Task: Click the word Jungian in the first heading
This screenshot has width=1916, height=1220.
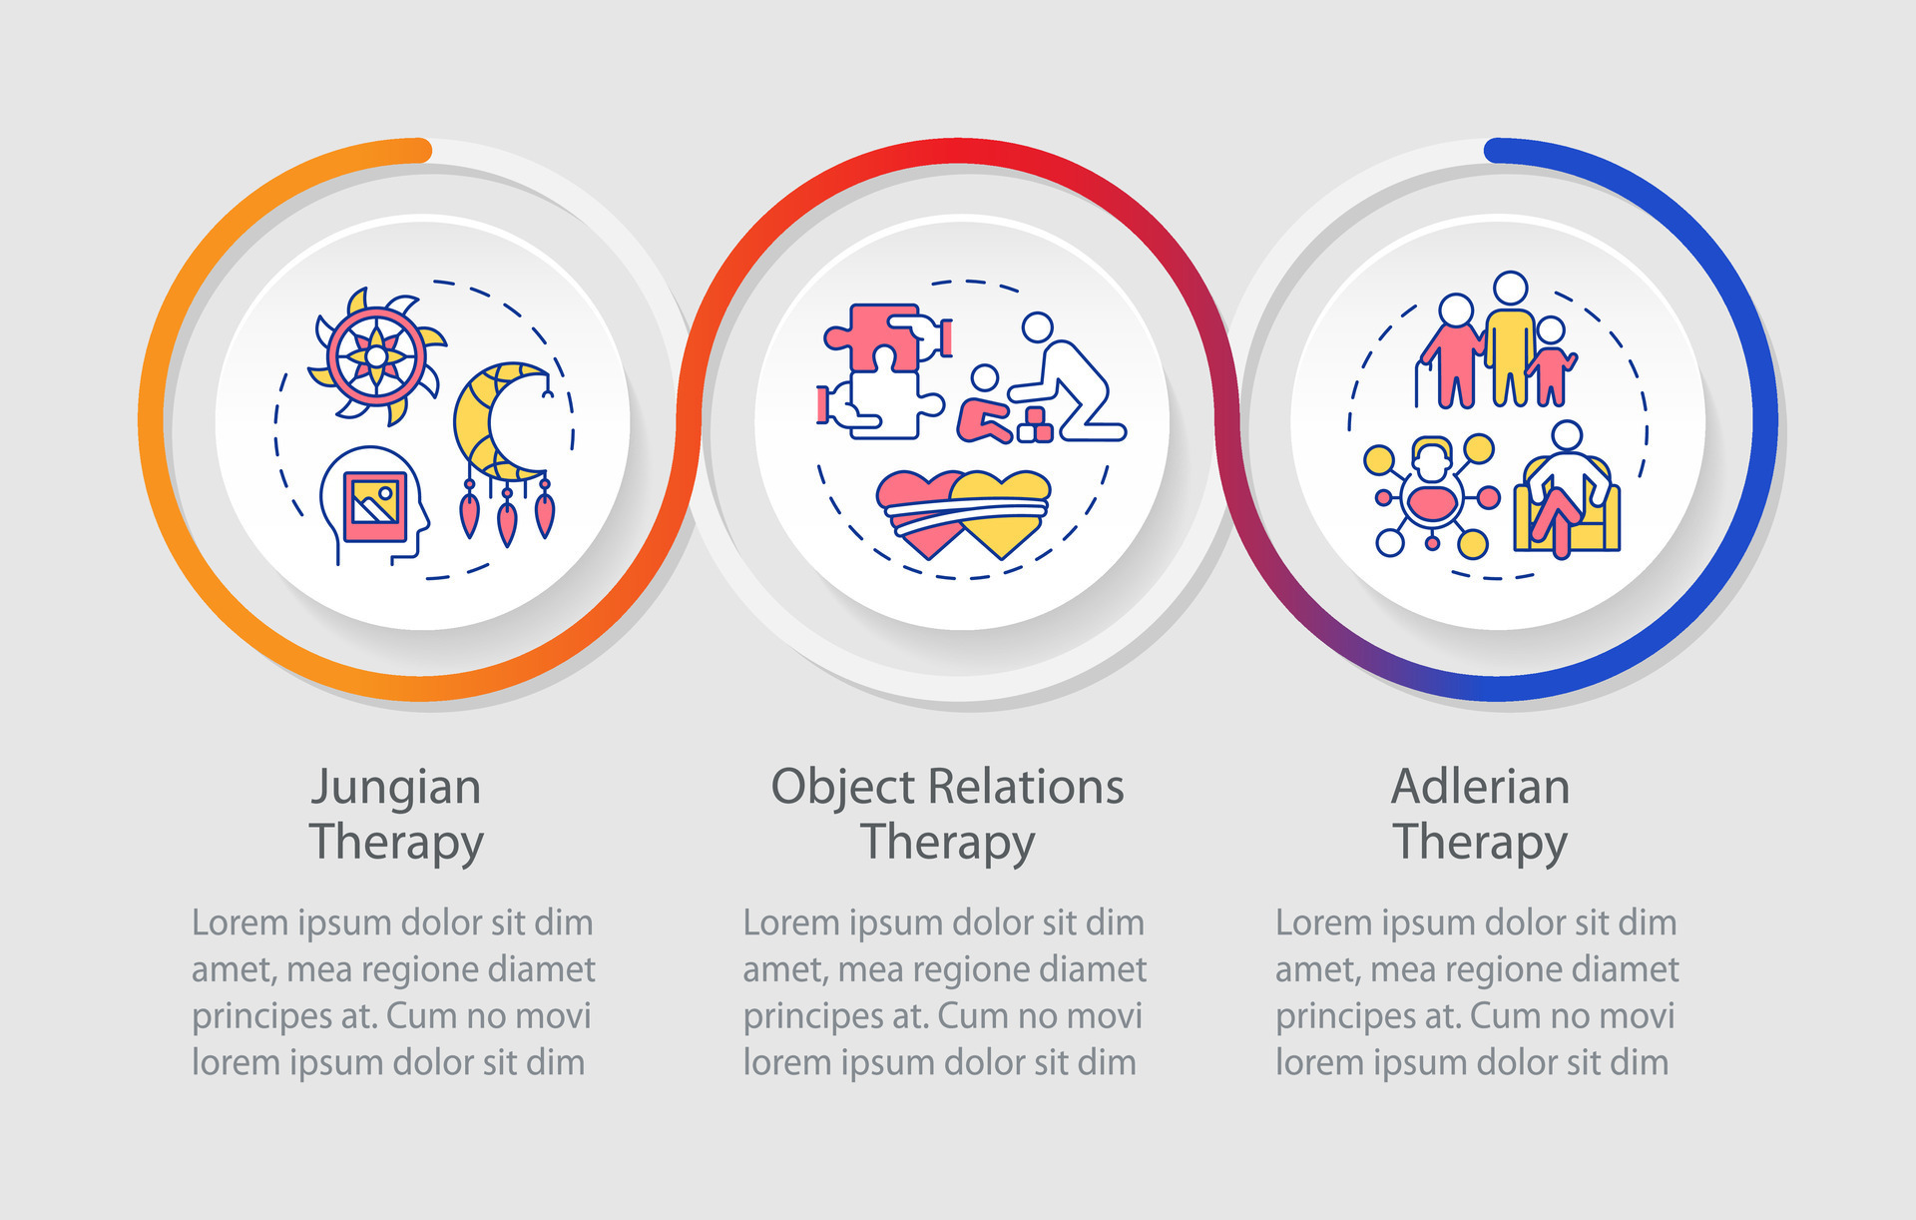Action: click(396, 789)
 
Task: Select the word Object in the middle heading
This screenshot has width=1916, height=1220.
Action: click(843, 789)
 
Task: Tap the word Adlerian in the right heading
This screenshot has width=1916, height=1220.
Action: click(1480, 787)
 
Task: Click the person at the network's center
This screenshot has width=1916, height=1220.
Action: click(1432, 489)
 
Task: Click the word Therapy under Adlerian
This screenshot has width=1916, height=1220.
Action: click(1480, 842)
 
